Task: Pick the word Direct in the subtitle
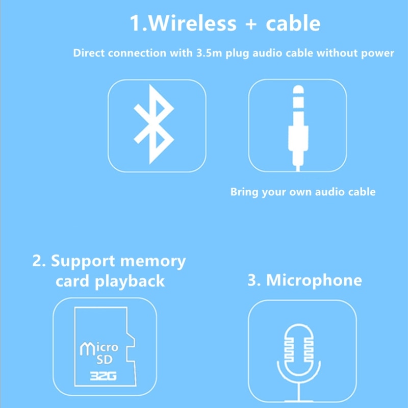click(x=89, y=53)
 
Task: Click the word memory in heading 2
click(x=152, y=261)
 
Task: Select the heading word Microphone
click(x=314, y=280)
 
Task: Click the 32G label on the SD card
click(x=100, y=377)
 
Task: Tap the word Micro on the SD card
click(x=100, y=348)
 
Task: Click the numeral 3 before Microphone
click(x=252, y=280)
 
